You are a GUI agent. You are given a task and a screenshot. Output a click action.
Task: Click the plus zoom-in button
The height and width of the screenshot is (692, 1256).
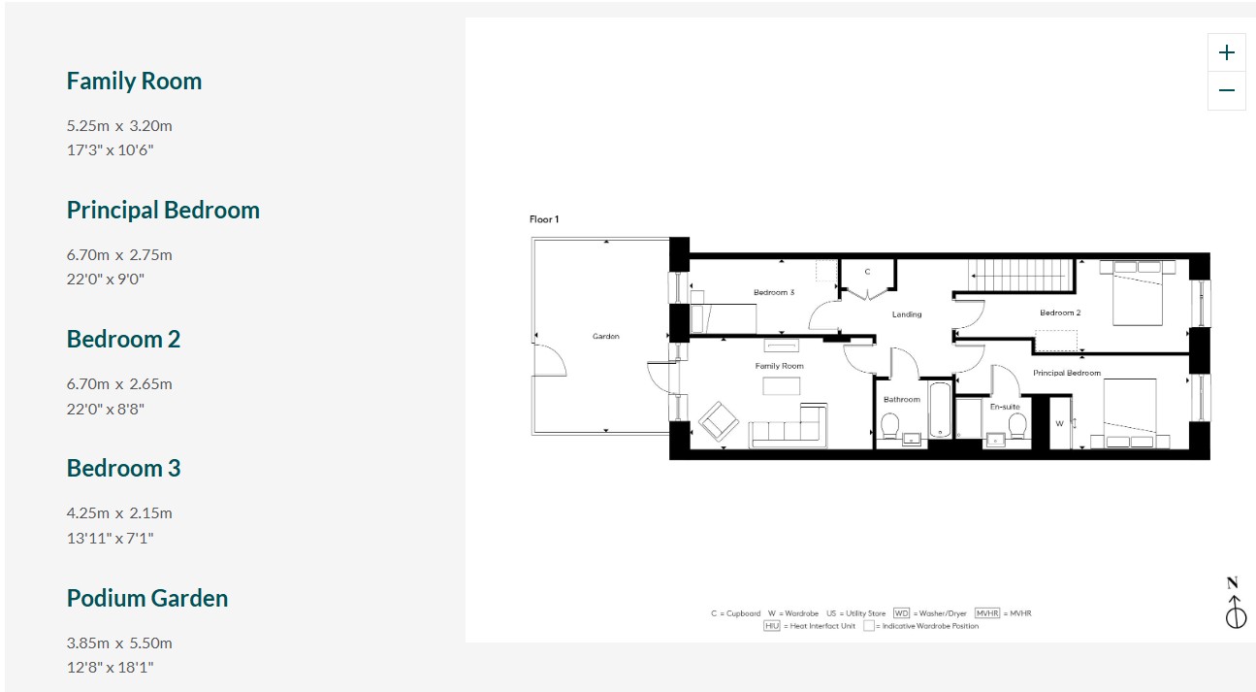tap(1226, 52)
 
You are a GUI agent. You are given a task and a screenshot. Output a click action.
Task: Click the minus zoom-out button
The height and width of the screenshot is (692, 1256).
tap(1226, 90)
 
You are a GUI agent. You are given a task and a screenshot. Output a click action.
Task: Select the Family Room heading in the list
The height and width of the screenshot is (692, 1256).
tap(134, 82)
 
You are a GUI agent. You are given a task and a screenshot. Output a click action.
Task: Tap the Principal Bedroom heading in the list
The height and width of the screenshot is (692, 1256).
tap(163, 211)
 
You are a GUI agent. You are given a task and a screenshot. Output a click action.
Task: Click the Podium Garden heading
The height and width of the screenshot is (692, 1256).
tap(147, 598)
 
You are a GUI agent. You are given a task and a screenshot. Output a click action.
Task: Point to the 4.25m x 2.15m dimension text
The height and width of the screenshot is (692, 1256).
tap(119, 513)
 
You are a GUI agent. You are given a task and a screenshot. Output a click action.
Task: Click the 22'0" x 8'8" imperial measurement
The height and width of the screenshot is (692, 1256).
tap(106, 410)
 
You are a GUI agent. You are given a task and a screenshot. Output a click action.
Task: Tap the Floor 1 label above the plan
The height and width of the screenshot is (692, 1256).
tap(544, 219)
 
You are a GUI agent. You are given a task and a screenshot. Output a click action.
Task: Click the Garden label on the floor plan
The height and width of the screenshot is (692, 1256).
tap(605, 336)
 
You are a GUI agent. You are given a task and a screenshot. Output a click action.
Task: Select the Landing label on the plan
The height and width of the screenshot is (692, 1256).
tap(907, 314)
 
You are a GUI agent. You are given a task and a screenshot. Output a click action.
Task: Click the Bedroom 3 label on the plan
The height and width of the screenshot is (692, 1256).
tap(774, 292)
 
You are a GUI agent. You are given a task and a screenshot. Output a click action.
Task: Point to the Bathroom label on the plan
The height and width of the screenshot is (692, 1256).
tap(902, 400)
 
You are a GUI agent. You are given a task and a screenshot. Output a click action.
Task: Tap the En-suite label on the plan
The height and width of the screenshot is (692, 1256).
tap(1005, 407)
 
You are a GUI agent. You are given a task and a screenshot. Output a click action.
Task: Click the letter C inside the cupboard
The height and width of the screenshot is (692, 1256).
tap(867, 272)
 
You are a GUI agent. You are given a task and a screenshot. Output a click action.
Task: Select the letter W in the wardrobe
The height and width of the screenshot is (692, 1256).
tap(1059, 424)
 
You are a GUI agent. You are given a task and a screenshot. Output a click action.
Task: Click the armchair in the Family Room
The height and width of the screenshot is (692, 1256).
tap(719, 421)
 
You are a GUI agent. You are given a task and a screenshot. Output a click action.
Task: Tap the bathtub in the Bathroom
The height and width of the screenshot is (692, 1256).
tap(940, 410)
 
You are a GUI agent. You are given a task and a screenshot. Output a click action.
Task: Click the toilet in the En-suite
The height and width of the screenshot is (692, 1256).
tap(1017, 426)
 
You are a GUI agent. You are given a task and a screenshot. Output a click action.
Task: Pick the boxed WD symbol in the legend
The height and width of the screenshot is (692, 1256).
tap(901, 613)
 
